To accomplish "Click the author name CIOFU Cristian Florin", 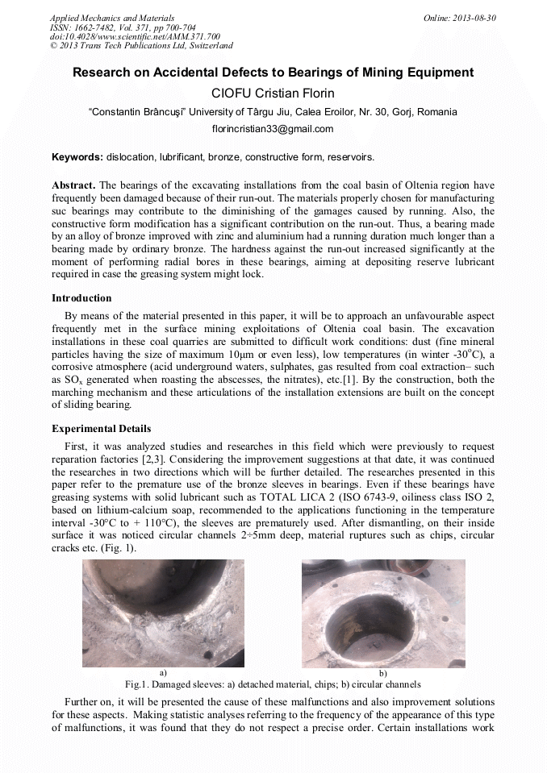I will click(x=273, y=93).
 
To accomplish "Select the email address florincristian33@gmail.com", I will click(x=273, y=129).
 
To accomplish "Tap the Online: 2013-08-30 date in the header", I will click(x=460, y=18).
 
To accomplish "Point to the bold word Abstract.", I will click(x=73, y=185).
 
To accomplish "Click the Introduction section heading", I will click(x=81, y=298).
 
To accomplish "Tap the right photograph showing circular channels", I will click(x=382, y=613).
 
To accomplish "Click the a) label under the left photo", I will click(x=163, y=671).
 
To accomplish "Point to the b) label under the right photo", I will click(x=382, y=672).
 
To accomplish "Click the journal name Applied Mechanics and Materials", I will click(x=111, y=18).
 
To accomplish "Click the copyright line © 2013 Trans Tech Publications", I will click(x=141, y=47).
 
